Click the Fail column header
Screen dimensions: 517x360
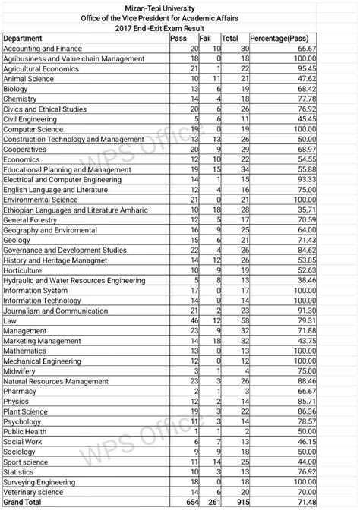pos(204,38)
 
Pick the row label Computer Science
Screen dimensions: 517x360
pos(33,129)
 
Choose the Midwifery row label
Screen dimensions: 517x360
pos(21,371)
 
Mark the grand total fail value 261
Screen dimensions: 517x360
pos(214,503)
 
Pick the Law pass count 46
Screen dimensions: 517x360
pos(194,321)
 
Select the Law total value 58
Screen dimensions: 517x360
pos(243,321)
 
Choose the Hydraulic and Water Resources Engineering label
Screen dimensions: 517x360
pos(74,280)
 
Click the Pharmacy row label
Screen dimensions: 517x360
pos(20,391)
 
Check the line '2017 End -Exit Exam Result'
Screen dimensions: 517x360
pos(180,27)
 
